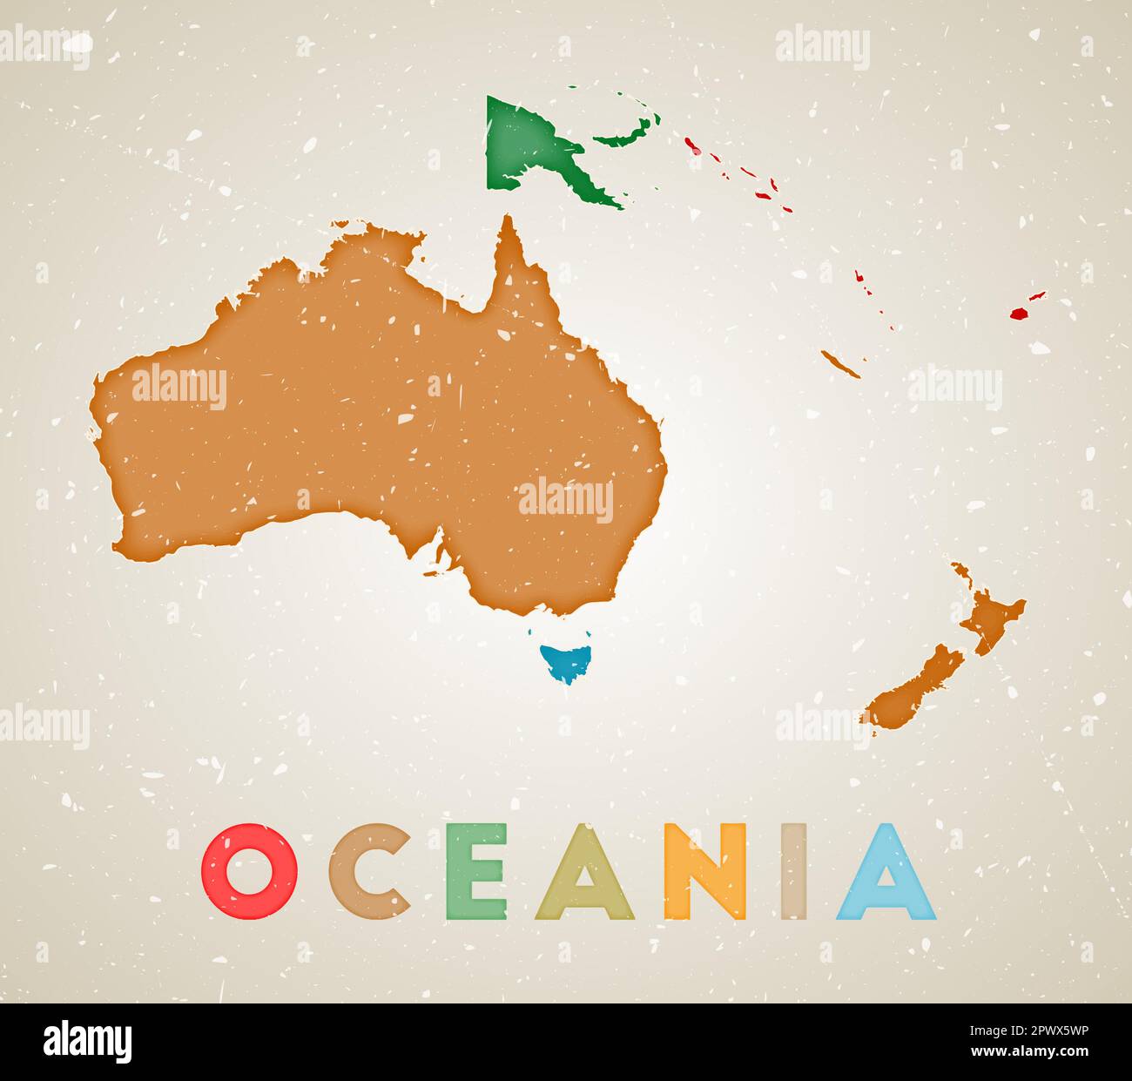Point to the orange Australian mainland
click(392, 409)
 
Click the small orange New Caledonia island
click(841, 364)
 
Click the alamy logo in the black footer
click(88, 1042)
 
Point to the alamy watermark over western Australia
click(179, 388)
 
